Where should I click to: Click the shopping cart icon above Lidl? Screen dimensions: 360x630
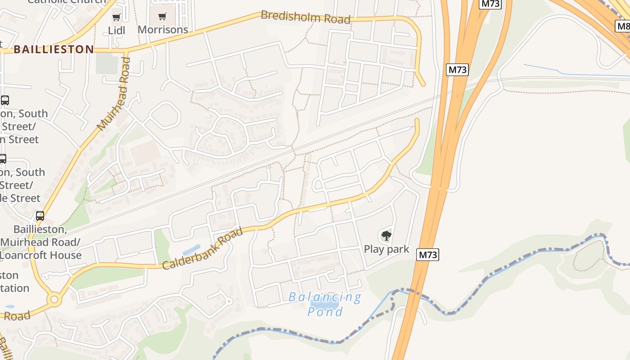[117, 18]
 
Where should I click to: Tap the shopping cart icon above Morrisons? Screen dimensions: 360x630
[162, 17]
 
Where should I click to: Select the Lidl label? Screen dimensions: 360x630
[117, 30]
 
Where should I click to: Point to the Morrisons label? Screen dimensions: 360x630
[162, 30]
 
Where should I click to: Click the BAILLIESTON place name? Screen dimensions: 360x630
[54, 49]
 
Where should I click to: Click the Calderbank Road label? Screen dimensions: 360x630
[202, 248]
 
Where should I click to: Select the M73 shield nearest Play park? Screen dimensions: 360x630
[427, 255]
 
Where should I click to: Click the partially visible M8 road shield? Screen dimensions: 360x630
[623, 26]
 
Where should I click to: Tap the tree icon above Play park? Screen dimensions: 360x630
[386, 235]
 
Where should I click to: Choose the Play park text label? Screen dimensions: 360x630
[386, 249]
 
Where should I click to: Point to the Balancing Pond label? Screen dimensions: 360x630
[325, 304]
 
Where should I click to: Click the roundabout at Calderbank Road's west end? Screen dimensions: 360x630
[54, 299]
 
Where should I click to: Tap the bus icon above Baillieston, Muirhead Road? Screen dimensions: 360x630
[40, 216]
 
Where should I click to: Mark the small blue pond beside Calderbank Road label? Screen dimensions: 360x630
[191, 249]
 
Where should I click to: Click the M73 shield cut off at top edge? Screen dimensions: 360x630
[490, 4]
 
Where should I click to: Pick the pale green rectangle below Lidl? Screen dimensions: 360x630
[107, 63]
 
